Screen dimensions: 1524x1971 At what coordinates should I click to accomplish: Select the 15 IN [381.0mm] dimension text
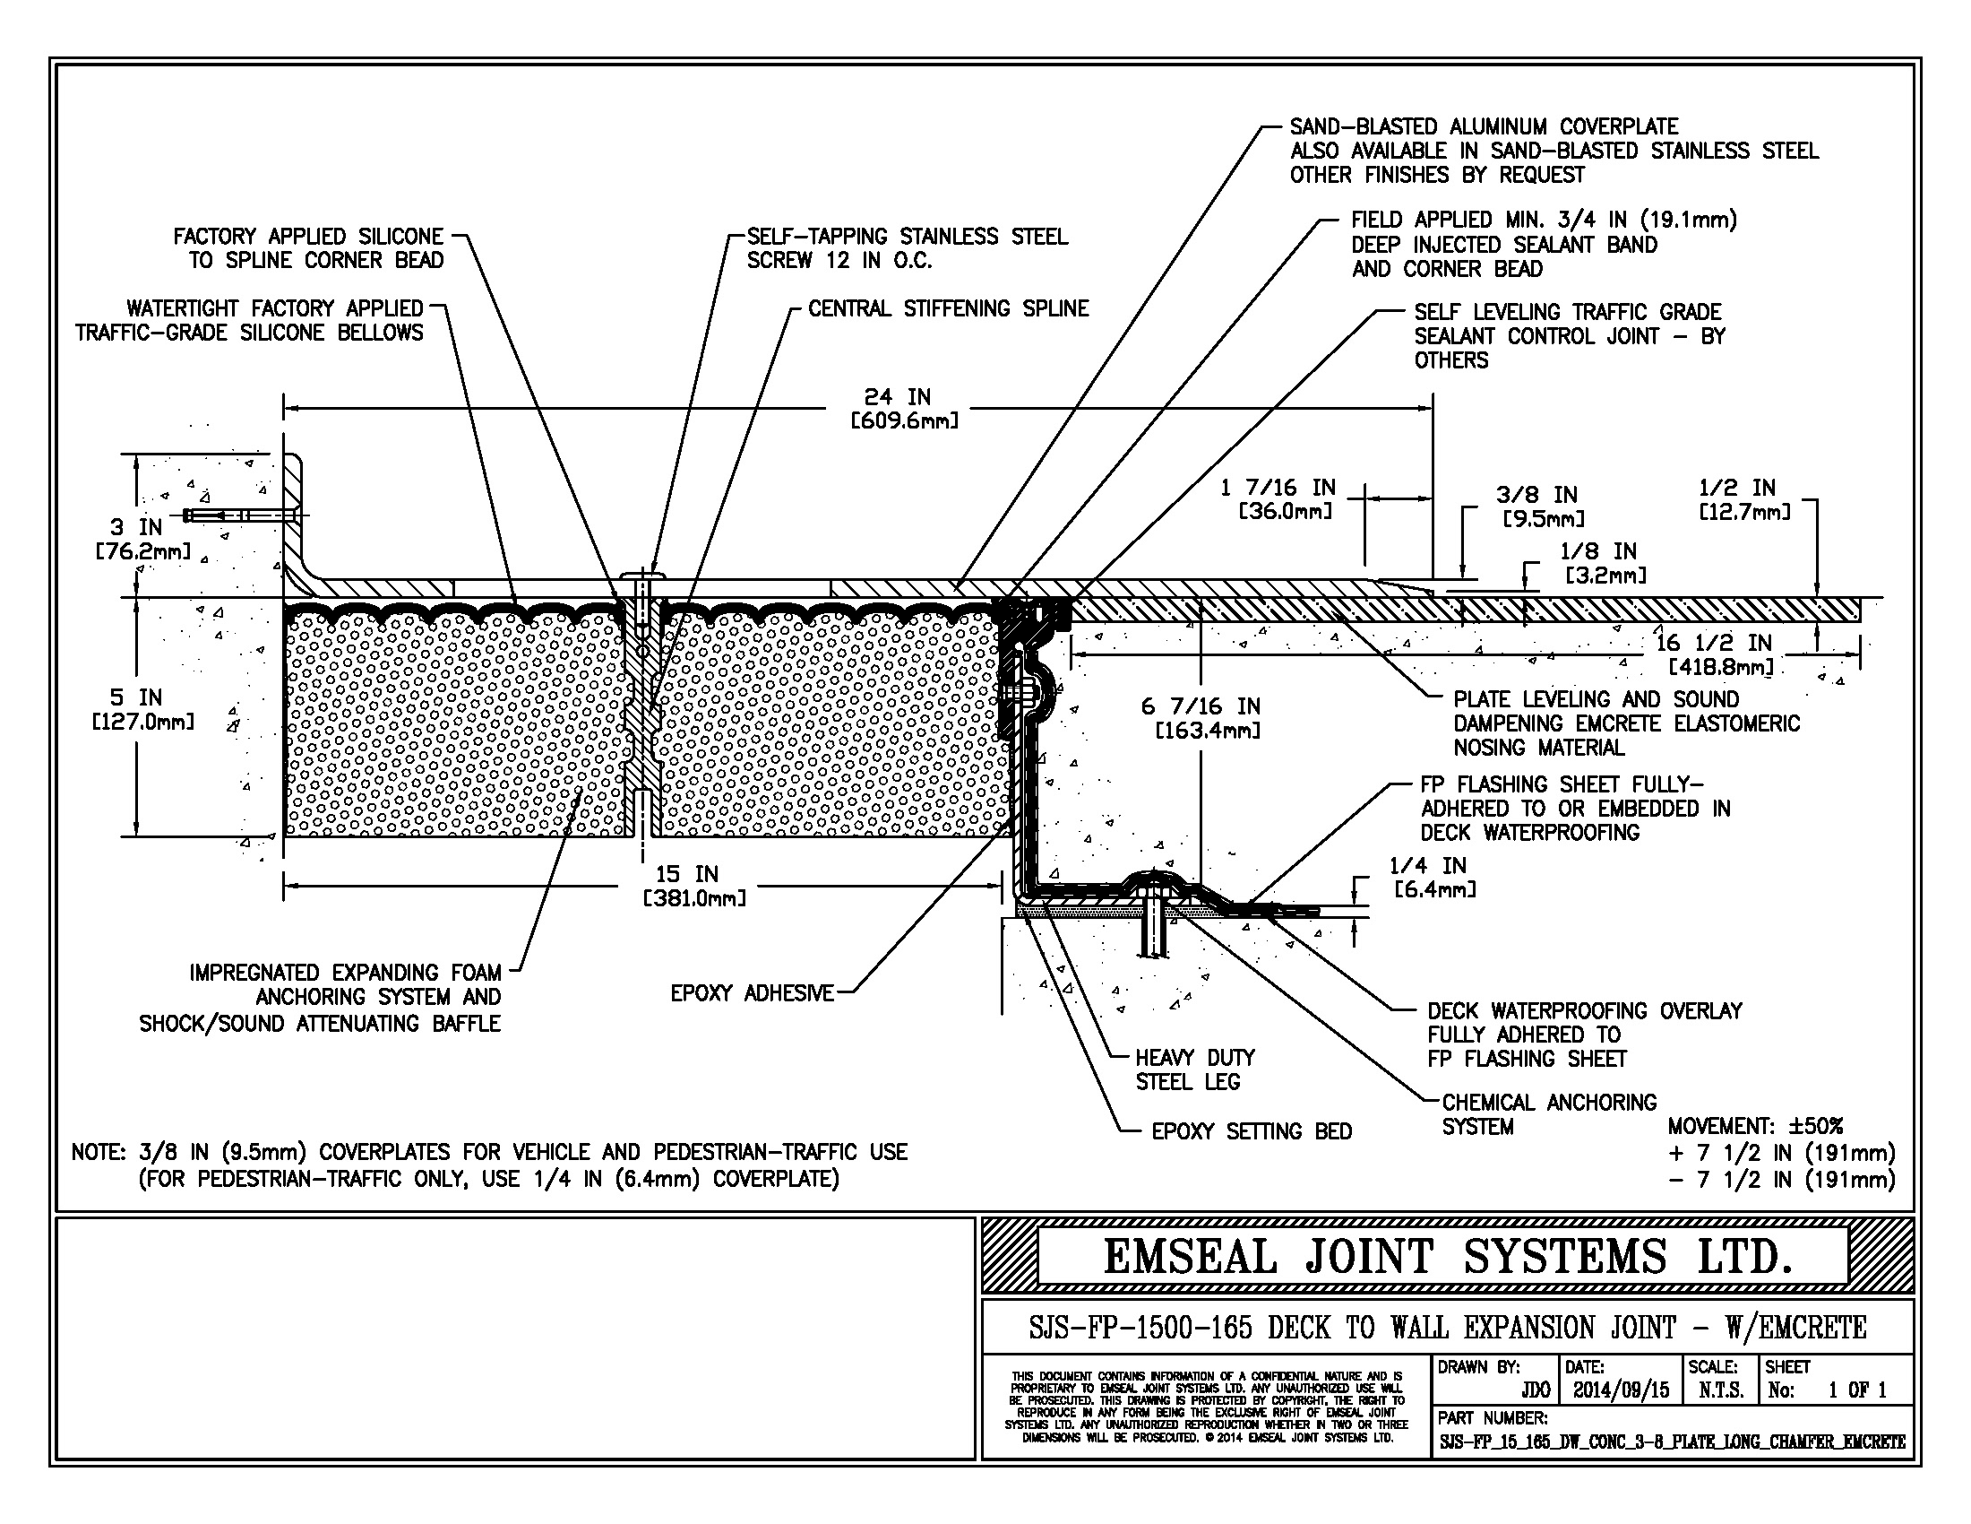coord(693,886)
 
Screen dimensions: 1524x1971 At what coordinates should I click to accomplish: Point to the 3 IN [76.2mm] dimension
coord(142,538)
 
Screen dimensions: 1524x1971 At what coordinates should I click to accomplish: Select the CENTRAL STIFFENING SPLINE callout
coord(948,308)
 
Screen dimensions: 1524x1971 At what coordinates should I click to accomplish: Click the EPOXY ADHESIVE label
coord(752,993)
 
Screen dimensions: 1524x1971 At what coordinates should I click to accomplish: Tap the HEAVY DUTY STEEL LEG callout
coord(1194,1069)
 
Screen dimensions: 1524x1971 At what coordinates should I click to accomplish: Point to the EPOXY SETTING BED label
coord(1251,1131)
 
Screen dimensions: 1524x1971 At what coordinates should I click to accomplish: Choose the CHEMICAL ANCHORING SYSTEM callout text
coord(1549,1114)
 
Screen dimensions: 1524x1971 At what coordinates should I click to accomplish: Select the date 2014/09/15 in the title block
coord(1621,1390)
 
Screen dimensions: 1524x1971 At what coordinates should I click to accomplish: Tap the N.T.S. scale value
coord(1720,1390)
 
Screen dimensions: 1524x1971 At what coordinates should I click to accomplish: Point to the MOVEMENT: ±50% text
coord(1754,1126)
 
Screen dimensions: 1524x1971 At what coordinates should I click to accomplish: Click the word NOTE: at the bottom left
coord(98,1153)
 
